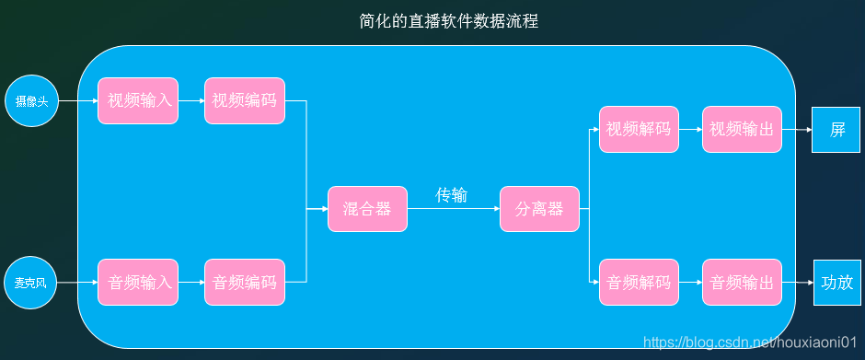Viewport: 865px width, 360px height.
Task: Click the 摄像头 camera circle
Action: [32, 100]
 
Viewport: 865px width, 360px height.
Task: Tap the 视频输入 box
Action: [138, 100]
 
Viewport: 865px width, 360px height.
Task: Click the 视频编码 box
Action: [244, 100]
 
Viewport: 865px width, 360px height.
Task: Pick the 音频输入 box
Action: [138, 283]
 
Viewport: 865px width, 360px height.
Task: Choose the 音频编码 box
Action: [244, 283]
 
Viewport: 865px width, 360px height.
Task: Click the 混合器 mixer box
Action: [366, 209]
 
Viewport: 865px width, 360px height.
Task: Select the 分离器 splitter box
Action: [538, 209]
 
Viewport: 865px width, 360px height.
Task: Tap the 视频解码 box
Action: [639, 130]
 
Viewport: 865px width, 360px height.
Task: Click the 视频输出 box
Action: [742, 130]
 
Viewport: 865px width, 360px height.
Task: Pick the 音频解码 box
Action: [639, 283]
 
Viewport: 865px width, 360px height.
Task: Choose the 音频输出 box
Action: [742, 283]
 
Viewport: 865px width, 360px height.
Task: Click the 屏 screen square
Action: [836, 130]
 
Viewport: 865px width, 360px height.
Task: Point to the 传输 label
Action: [451, 195]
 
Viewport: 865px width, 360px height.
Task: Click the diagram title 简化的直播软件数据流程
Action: [449, 21]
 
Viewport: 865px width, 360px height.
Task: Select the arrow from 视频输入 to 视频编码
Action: [191, 100]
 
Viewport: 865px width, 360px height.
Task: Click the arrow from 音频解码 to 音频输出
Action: [690, 283]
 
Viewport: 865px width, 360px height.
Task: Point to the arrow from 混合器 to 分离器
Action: [453, 209]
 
